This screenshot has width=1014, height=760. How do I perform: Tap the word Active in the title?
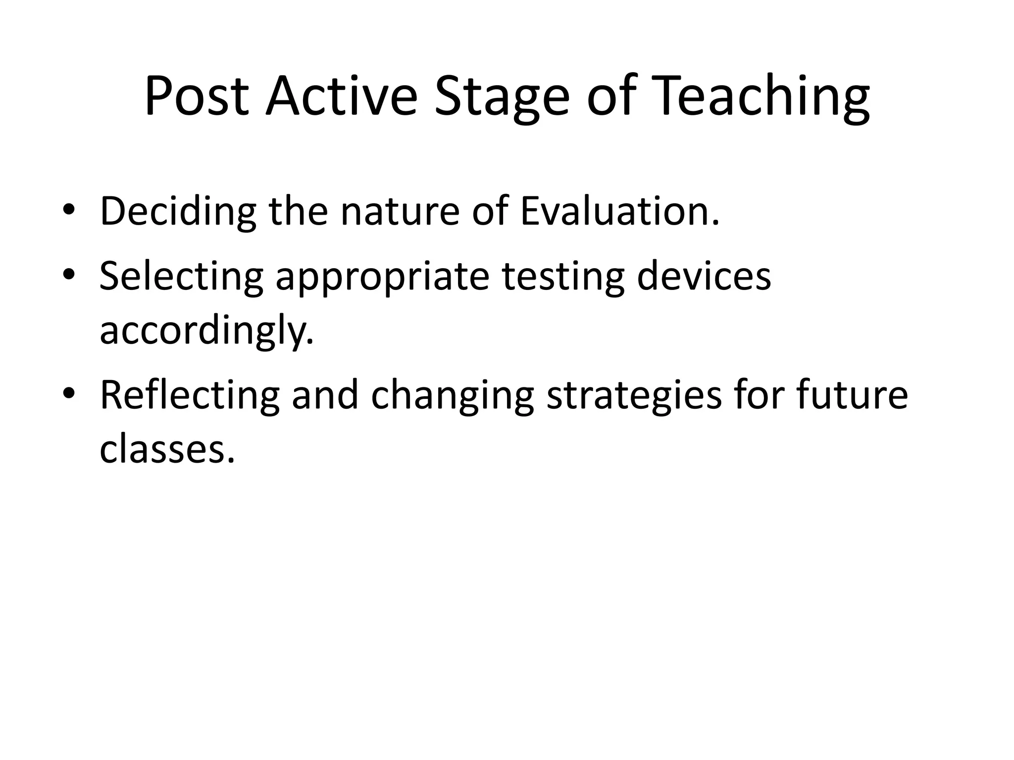tap(341, 96)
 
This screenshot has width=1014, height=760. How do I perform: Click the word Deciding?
tap(178, 211)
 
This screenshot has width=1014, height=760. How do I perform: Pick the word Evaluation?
tap(619, 211)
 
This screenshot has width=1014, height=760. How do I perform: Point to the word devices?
tap(704, 275)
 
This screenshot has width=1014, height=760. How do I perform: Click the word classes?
tap(167, 449)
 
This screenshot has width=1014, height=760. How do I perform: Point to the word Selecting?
tap(181, 276)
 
